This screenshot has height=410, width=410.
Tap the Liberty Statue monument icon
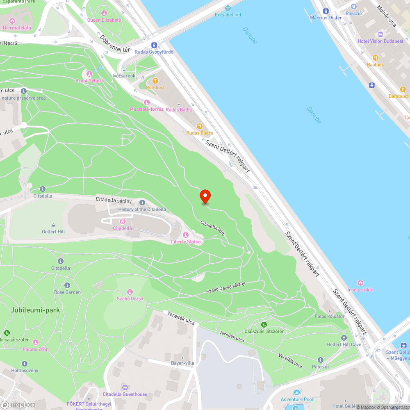pyautogui.click(x=185, y=235)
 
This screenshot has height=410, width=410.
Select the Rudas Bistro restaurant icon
pyautogui.click(x=200, y=126)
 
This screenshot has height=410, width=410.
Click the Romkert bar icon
pyautogui.click(x=155, y=81)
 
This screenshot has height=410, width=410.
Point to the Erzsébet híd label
pyautogui.click(x=228, y=15)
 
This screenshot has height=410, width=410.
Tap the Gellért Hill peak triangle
pyautogui.click(x=53, y=225)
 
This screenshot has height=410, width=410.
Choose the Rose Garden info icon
pyautogui.click(x=67, y=285)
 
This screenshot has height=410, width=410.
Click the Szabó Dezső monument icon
pyautogui.click(x=130, y=292)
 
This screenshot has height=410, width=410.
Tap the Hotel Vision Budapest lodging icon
pyautogui.click(x=380, y=34)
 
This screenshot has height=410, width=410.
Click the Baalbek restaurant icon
pyautogui.click(x=375, y=58)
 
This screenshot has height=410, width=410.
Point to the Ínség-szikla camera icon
pyautogui.click(x=360, y=283)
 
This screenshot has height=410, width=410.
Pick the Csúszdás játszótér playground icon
pyautogui.click(x=264, y=325)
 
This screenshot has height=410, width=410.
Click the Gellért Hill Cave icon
pyautogui.click(x=344, y=338)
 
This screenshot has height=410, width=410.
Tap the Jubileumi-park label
pyautogui.click(x=35, y=310)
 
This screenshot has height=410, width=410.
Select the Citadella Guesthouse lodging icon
pyautogui.click(x=125, y=387)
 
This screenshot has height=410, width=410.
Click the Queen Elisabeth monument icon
pyautogui.click(x=104, y=13)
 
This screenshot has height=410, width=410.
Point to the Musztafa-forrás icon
pyautogui.click(x=146, y=102)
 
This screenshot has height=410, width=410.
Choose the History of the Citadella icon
pyautogui.click(x=142, y=203)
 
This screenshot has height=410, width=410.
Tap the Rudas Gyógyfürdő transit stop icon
pyautogui.click(x=154, y=45)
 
